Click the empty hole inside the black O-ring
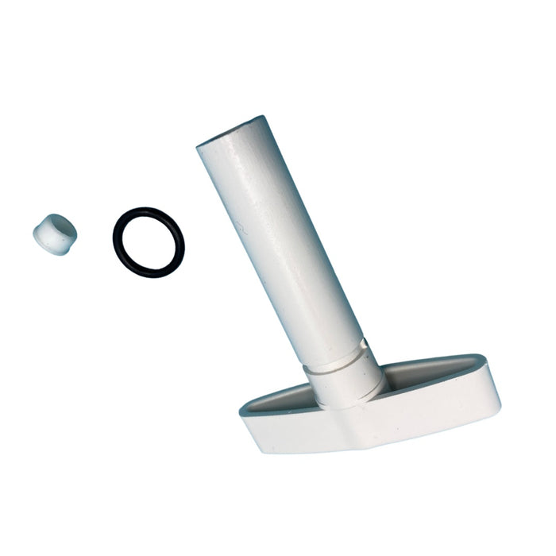pos(149,243)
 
